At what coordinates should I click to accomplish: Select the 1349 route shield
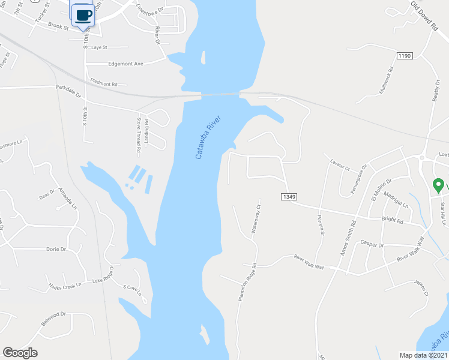pyautogui.click(x=288, y=196)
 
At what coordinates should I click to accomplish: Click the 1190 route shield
pyautogui.click(x=404, y=56)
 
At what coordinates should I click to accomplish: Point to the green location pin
pyautogui.click(x=439, y=185)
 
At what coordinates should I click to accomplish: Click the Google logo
pyautogui.click(x=20, y=353)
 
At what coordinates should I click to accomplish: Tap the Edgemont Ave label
pyautogui.click(x=126, y=64)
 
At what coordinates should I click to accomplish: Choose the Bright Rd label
pyautogui.click(x=391, y=220)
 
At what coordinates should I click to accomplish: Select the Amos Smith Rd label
pyautogui.click(x=348, y=238)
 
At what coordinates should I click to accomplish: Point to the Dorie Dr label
pyautogui.click(x=55, y=248)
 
